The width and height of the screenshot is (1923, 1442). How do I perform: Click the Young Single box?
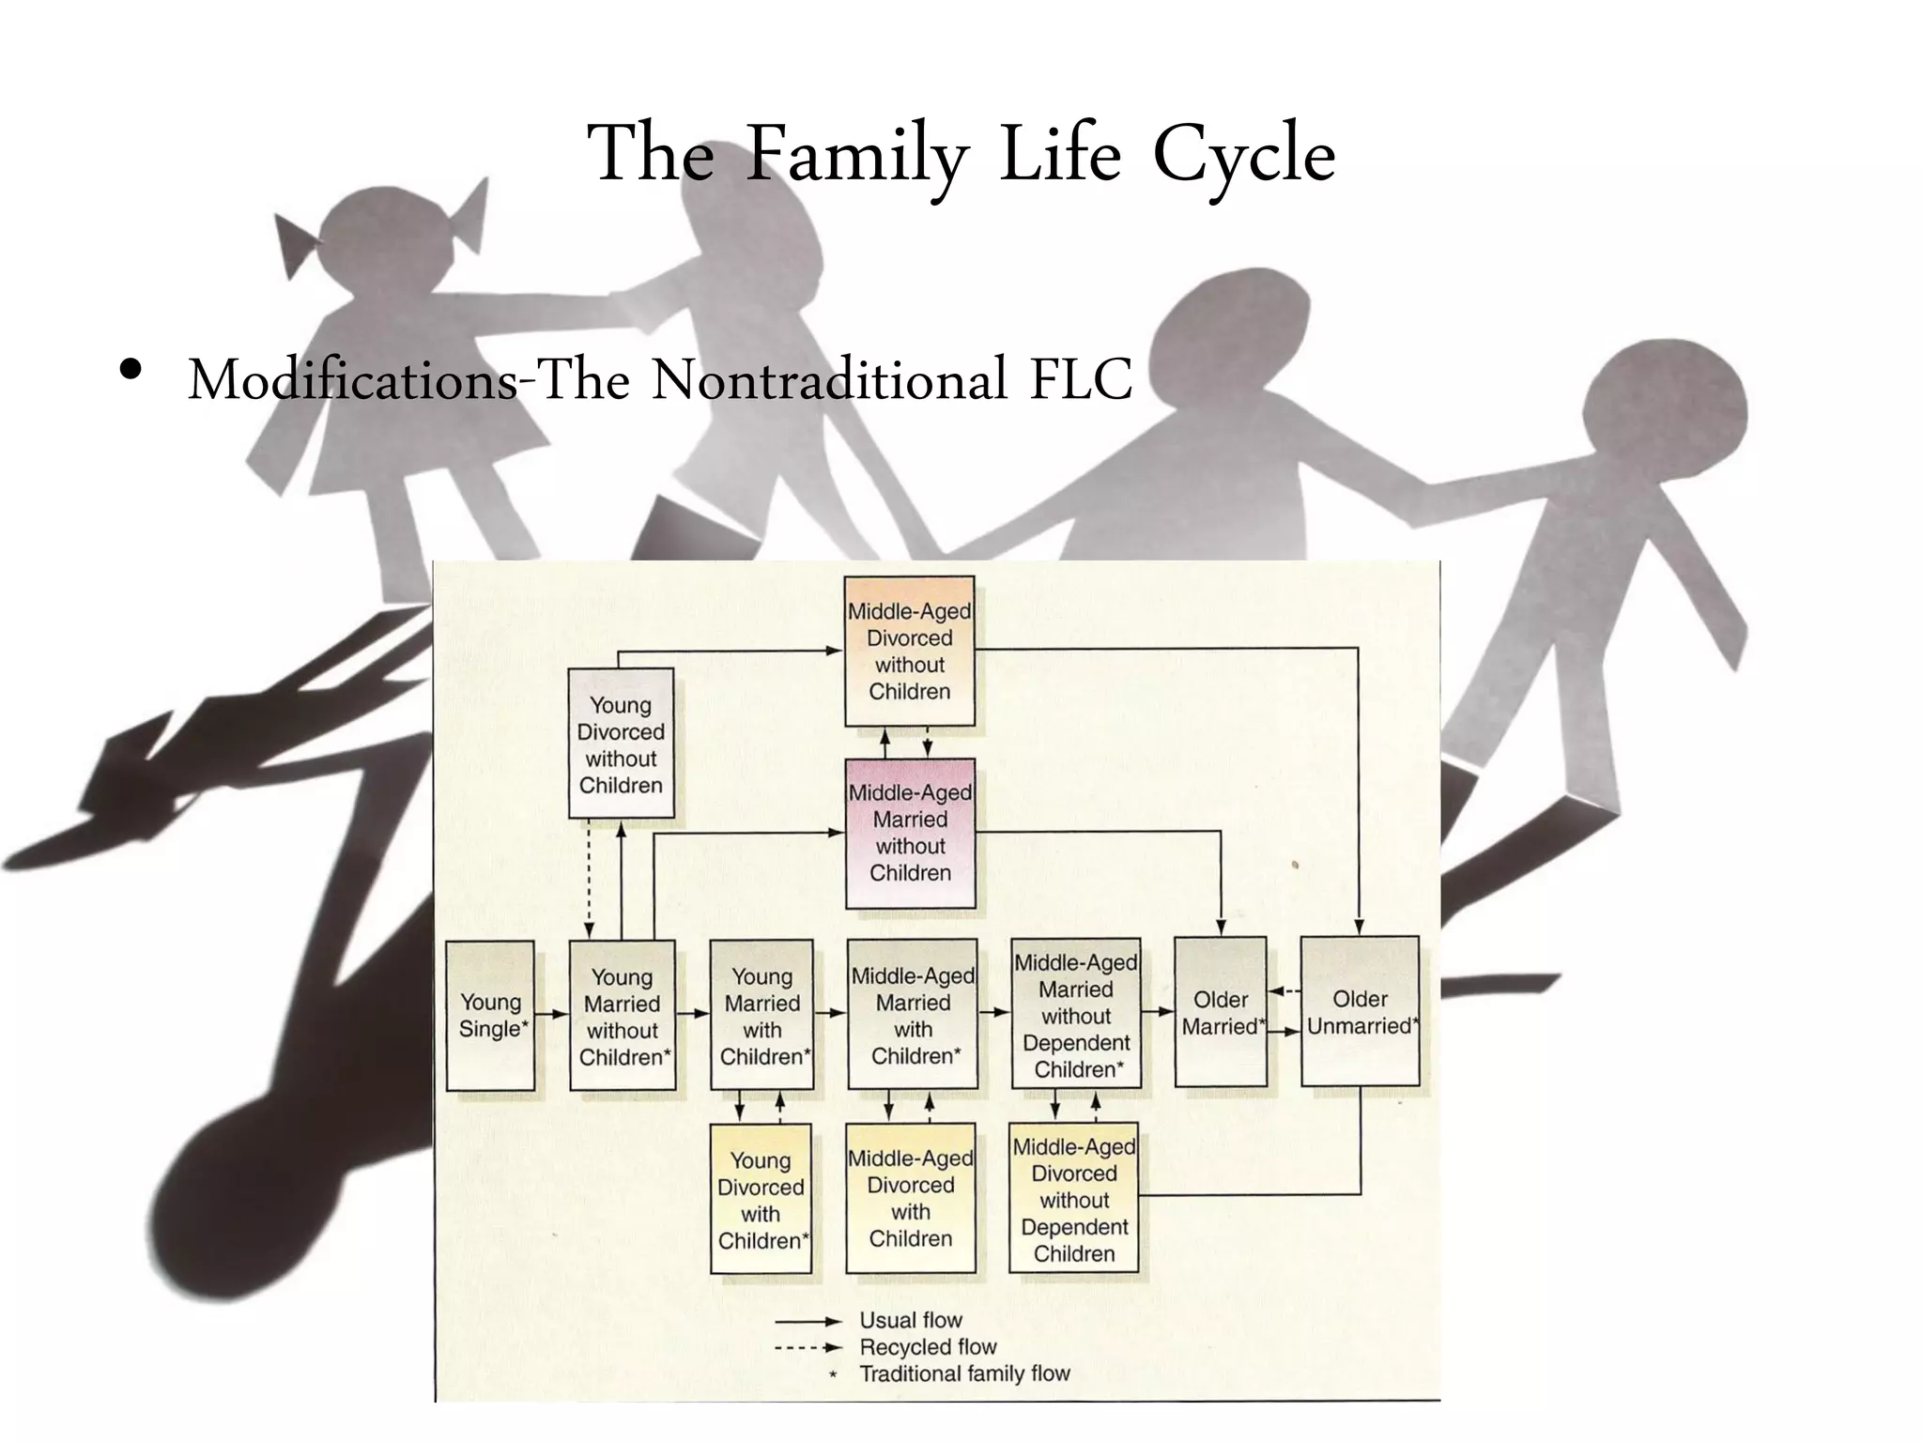(x=490, y=1015)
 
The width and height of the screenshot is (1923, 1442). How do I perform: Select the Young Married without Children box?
(x=623, y=1016)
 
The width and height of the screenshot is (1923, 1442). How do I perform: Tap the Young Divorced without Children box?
(x=621, y=744)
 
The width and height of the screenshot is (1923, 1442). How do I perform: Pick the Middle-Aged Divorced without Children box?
(x=909, y=651)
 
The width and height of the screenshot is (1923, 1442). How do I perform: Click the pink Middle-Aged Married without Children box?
(x=910, y=833)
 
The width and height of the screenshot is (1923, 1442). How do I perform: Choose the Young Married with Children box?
(x=762, y=1016)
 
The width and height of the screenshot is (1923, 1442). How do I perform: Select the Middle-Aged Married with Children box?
(x=913, y=1016)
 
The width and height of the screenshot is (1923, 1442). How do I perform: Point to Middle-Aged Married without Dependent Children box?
(x=1076, y=1015)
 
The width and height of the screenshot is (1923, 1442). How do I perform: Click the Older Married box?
(x=1221, y=1012)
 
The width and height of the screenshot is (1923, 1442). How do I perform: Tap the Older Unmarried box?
(x=1360, y=1012)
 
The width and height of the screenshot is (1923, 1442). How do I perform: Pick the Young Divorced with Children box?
(x=761, y=1199)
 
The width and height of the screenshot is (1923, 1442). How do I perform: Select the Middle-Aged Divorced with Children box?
(x=910, y=1198)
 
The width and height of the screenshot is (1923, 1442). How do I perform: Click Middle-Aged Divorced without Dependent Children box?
(x=1074, y=1199)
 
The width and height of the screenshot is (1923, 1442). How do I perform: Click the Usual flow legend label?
(x=910, y=1320)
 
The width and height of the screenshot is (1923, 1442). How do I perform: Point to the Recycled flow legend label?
(x=928, y=1347)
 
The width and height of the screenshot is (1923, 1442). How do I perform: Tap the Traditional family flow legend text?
(x=964, y=1373)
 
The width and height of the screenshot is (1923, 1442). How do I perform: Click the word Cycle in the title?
(x=1243, y=155)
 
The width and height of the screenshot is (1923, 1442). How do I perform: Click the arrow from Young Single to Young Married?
(x=552, y=1014)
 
